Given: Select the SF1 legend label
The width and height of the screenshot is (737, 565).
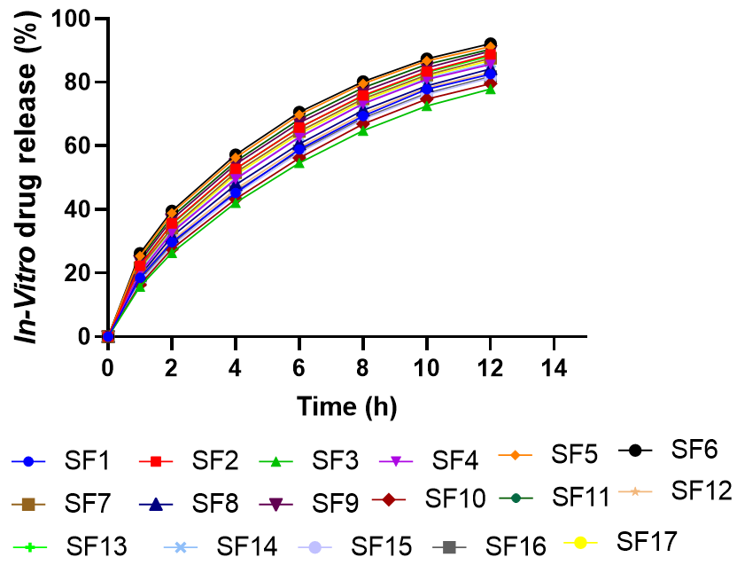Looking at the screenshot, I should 87,461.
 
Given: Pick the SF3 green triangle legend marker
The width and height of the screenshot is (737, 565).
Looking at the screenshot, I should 276,461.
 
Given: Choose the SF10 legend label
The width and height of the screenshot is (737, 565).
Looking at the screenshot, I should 455,498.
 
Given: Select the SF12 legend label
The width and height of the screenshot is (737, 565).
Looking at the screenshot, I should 702,490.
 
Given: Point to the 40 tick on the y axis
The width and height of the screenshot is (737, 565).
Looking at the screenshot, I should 79,209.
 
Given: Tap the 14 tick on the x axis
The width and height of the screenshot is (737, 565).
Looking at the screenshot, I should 554,366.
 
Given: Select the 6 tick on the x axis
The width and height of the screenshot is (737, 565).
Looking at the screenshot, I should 299,366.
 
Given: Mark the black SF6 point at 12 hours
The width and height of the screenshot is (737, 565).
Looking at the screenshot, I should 490,44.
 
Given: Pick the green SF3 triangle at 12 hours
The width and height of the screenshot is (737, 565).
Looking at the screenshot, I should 490,90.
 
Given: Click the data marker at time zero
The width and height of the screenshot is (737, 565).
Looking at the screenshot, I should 108,336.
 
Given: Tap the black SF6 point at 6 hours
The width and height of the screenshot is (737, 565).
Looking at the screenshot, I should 299,113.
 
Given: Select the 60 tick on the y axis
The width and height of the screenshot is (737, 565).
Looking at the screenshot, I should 79,145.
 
